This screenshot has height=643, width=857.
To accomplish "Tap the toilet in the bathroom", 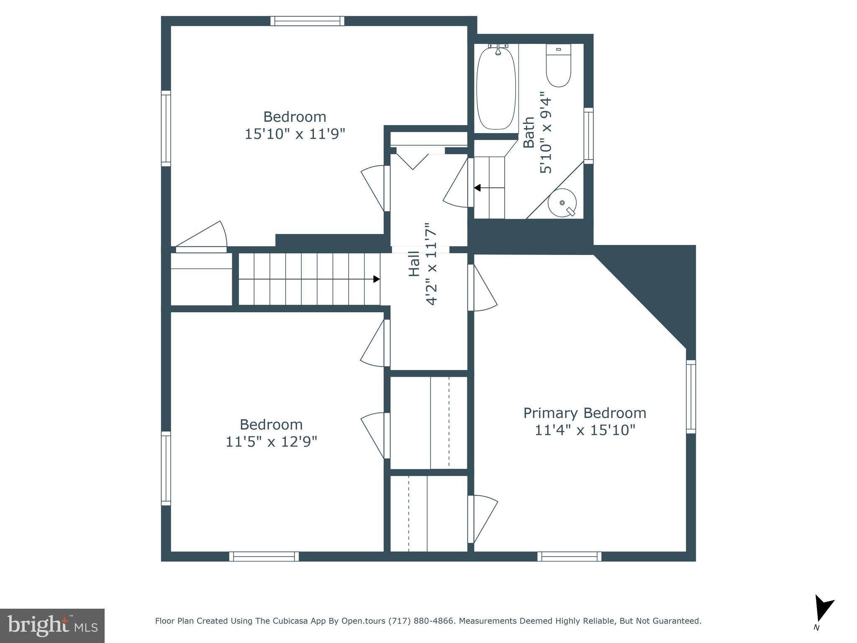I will (558, 67).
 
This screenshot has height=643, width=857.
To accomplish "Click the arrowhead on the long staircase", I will (377, 279).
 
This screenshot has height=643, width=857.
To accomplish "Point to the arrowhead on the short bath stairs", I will (477, 188).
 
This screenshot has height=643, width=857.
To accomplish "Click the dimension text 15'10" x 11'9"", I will (295, 134).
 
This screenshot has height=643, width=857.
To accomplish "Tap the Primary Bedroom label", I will (585, 413).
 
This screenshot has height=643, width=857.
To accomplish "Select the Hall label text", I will (414, 264).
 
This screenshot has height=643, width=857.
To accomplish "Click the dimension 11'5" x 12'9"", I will (271, 442).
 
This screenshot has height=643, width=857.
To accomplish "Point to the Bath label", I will (529, 132).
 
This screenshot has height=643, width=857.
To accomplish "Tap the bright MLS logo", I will (52, 626).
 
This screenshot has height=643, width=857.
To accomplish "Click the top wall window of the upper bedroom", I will (307, 21).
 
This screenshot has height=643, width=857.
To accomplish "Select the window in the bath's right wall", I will (588, 136).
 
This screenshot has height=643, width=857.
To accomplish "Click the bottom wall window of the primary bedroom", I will (569, 556).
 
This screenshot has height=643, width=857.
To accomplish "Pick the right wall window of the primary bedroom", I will (691, 396).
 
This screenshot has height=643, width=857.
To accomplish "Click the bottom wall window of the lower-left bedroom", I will (264, 556).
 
